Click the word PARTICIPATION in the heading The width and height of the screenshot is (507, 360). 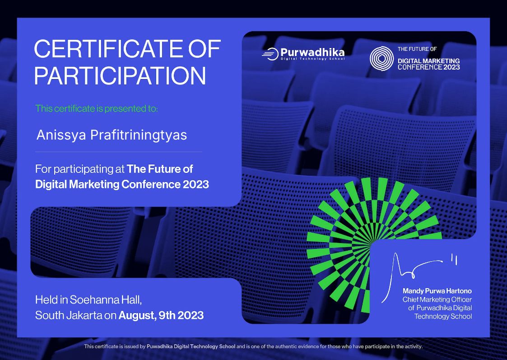[120, 75]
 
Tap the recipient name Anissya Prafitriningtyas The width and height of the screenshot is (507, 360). [111, 135]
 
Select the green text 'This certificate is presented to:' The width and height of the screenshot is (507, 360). [97, 108]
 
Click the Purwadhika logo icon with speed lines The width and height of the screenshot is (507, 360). [270, 54]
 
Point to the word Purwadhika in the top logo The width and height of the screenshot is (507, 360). [312, 52]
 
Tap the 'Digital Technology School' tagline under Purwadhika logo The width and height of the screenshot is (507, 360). [312, 59]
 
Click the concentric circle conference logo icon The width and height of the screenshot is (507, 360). [381, 59]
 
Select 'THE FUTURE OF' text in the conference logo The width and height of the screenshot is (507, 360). [417, 49]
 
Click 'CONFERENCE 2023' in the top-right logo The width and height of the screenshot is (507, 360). [428, 67]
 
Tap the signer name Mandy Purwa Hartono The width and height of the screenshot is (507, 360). [437, 291]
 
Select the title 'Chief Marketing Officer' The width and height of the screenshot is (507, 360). [437, 299]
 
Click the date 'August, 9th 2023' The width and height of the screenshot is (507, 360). [161, 315]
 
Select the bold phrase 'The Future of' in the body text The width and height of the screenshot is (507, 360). [160, 169]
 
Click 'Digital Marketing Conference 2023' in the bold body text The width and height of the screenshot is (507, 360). [122, 184]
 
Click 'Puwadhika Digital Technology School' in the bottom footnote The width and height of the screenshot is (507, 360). [191, 346]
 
